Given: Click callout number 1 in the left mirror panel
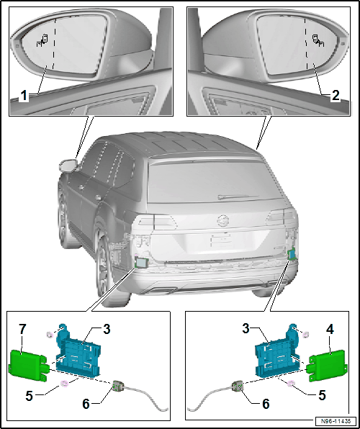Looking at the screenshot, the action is pos(24,96).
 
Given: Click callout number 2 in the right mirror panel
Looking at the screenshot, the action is pos(335,96).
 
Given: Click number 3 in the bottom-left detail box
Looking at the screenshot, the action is pos(107,330).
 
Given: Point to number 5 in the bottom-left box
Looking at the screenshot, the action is pos(30,396).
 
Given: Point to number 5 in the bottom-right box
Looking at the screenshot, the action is pos(322,394).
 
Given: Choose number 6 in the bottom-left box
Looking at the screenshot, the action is pos(86,404).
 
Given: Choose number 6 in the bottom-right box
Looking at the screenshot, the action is pos(265,404).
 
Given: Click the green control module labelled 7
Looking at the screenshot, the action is pos(29,365).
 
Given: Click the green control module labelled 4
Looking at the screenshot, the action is pos(328,365).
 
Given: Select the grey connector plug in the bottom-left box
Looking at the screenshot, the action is pos(117,387).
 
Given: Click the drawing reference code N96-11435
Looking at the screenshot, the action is pos(336,420).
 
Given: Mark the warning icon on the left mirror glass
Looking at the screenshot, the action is pos(42,40).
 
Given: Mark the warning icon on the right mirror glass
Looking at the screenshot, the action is pos(318,40).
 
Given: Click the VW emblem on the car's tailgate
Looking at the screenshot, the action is pos(222,221).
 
